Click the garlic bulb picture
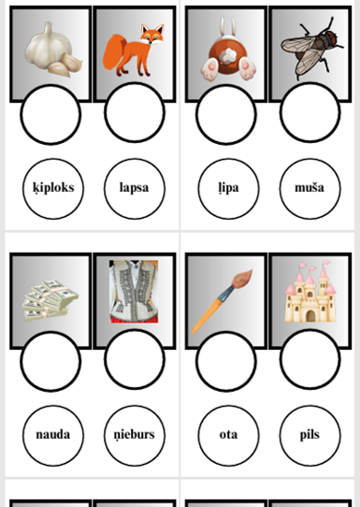coord(53,50)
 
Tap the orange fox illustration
coord(134,51)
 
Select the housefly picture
coord(312,48)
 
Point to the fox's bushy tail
coord(115,52)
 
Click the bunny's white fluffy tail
coord(228,56)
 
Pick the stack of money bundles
coord(50,300)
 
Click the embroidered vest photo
coord(134,291)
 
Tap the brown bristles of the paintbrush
coord(242,279)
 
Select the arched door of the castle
coord(310,315)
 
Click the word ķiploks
coord(53,188)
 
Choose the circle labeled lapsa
coord(135,189)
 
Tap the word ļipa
coord(228,188)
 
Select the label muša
coord(310,187)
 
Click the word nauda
coord(53,435)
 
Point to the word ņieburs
coord(134,435)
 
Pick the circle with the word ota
coord(228,436)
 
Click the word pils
coord(310,435)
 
